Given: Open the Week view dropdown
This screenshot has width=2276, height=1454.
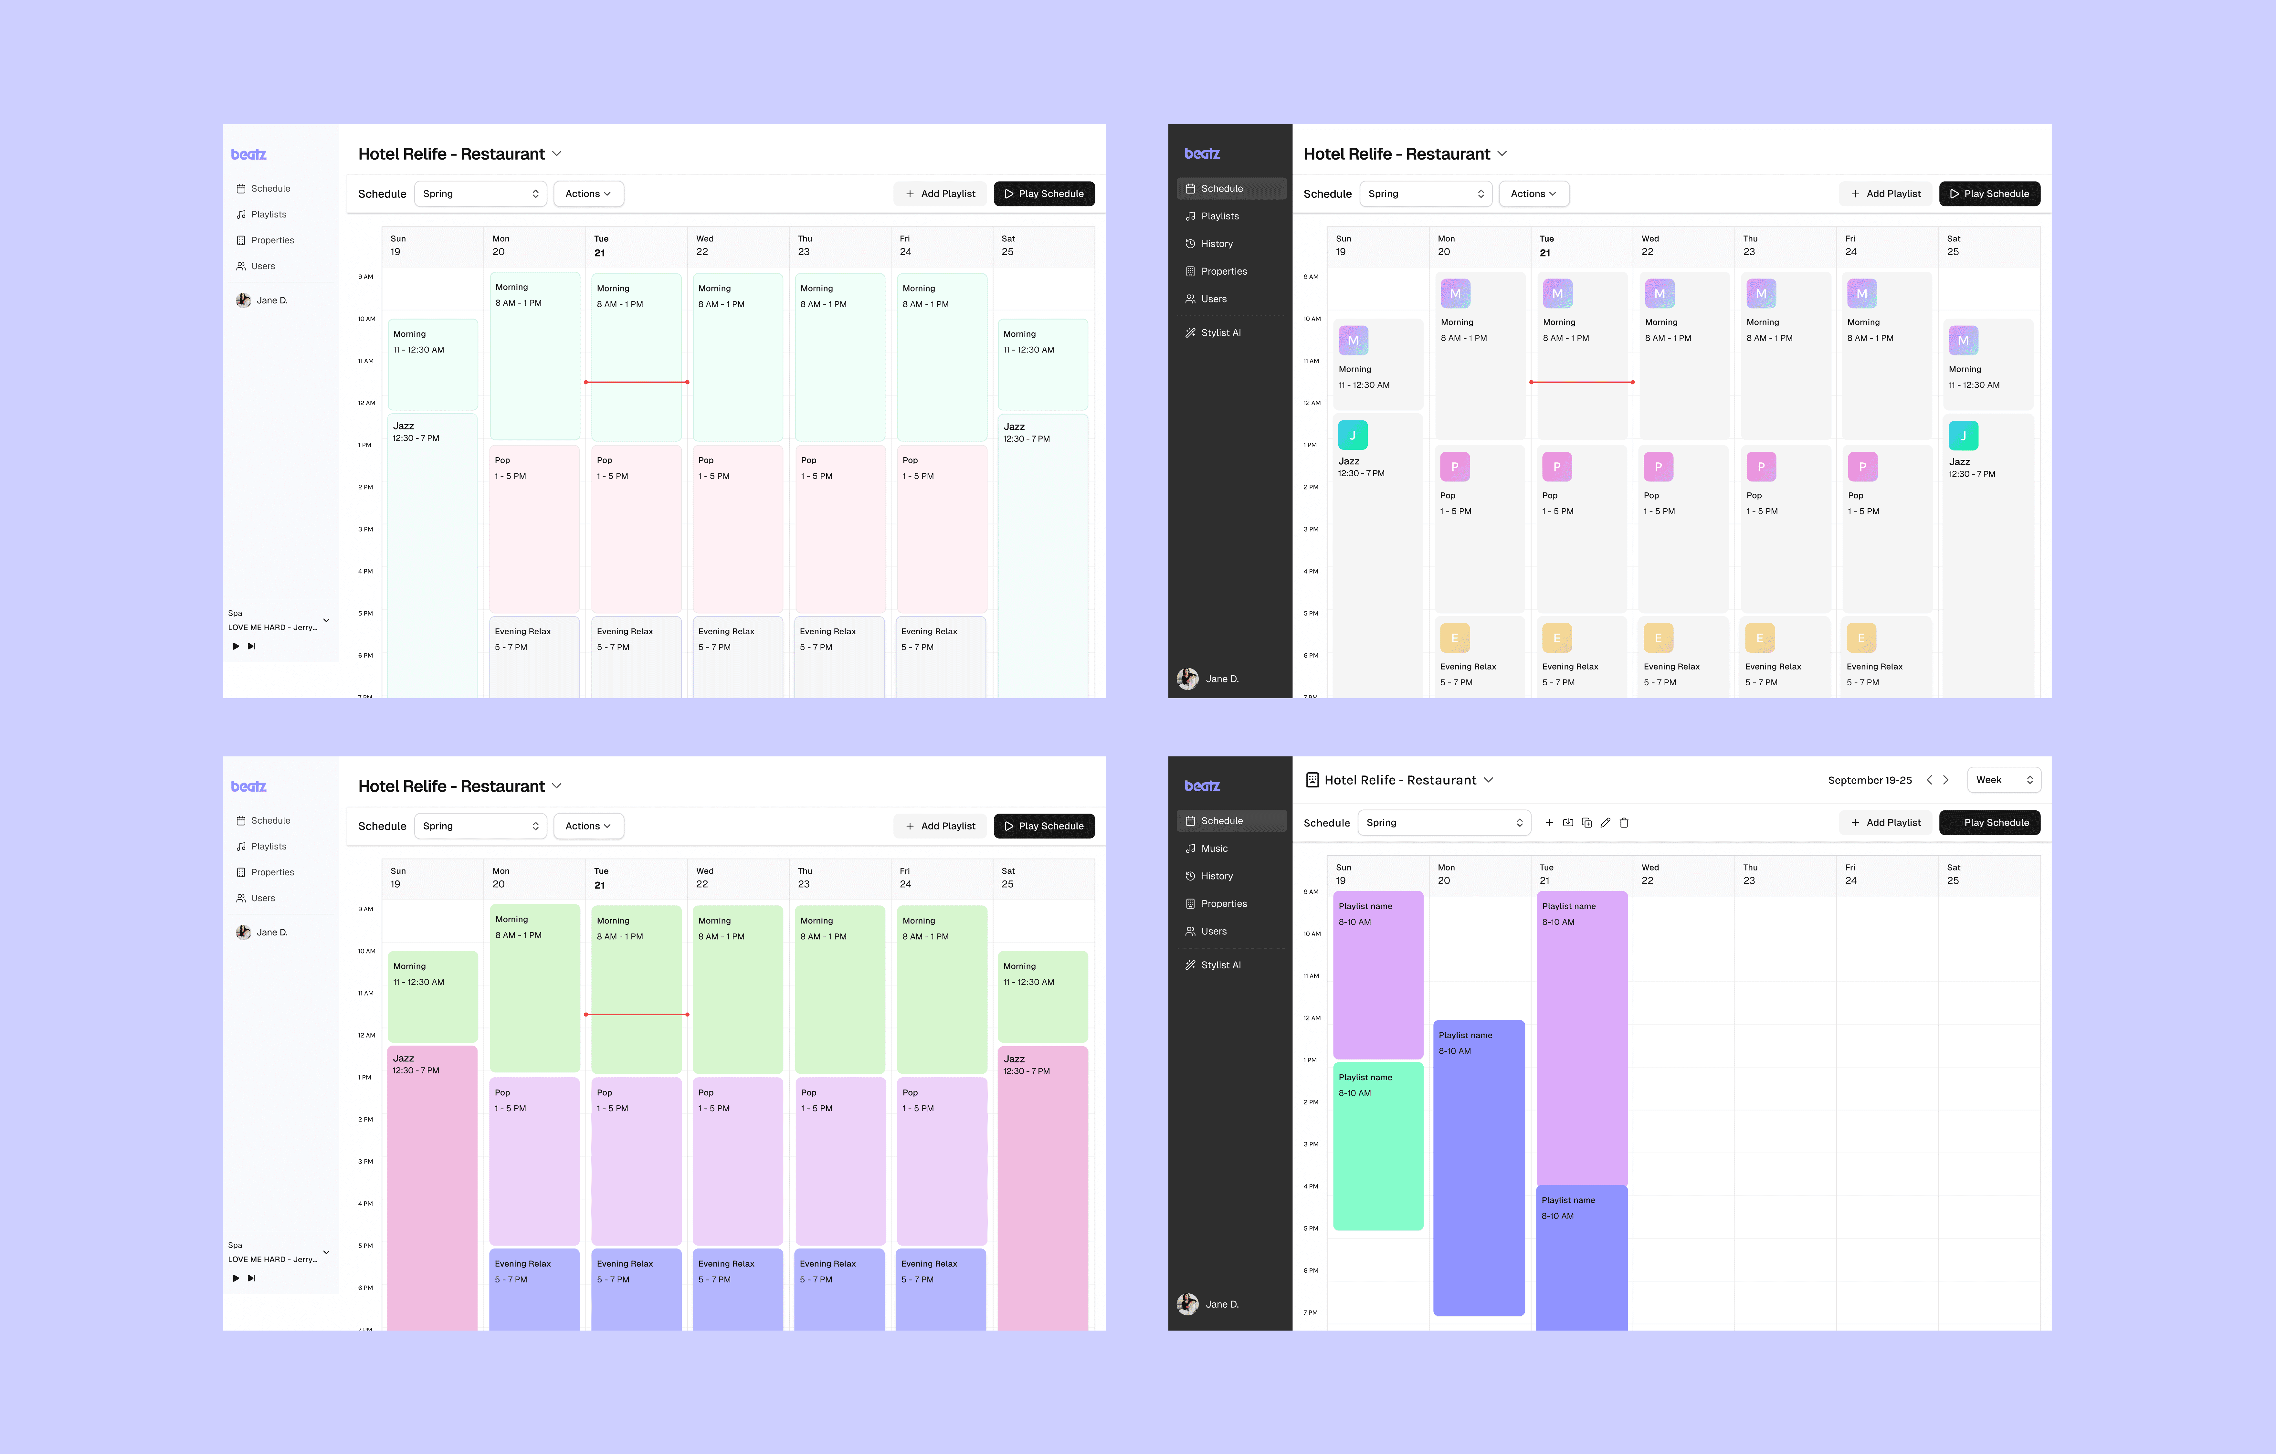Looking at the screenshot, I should tap(2003, 780).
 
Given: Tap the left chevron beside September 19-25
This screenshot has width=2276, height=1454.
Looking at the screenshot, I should tap(1929, 780).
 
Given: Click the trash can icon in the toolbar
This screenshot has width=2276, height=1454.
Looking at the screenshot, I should tap(1624, 823).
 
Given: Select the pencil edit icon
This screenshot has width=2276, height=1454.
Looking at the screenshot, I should tap(1605, 823).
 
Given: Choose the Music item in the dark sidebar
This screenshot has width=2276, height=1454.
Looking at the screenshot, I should tap(1215, 848).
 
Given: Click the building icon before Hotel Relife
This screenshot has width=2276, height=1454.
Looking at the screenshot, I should tap(1312, 780).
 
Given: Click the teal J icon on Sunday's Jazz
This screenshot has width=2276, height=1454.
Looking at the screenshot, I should tap(1353, 435).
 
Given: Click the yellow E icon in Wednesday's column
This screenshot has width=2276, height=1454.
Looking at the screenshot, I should tap(1658, 638).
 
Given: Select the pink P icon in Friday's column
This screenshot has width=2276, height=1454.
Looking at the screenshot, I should tap(1862, 467).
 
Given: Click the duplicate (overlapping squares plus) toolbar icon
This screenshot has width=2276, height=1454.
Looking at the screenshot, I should tap(1586, 823).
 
